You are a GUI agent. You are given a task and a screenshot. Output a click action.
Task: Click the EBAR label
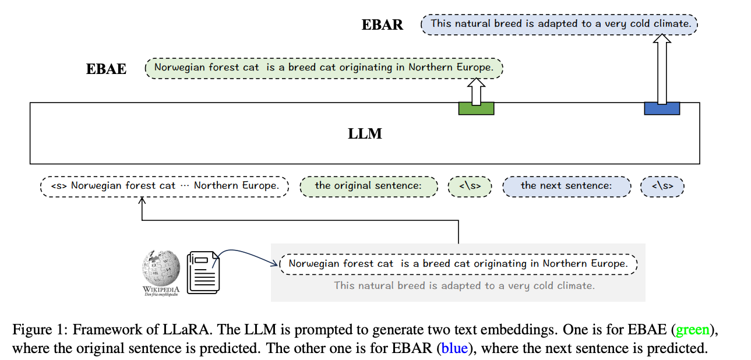(382, 24)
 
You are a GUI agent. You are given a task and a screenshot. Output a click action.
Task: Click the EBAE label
(106, 69)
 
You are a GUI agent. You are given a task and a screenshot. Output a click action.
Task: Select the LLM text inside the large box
(365, 133)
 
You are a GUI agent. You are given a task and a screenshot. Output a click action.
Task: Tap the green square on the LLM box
(476, 108)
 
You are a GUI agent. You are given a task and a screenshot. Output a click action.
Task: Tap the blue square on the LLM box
(661, 108)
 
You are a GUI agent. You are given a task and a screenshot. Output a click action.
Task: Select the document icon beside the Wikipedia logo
(202, 271)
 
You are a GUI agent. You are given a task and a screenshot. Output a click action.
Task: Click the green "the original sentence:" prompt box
(368, 186)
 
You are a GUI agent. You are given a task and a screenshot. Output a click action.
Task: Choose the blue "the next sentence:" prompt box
(566, 186)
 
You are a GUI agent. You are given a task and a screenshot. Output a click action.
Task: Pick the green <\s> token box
(470, 186)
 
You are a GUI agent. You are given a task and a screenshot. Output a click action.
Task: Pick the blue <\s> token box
(662, 186)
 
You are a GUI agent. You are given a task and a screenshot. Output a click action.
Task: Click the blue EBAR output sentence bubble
(559, 24)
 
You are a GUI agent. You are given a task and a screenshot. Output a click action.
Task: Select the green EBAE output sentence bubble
(323, 68)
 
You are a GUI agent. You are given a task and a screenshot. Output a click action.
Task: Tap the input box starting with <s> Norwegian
(164, 186)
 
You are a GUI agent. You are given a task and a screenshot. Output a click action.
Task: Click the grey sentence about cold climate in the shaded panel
(464, 285)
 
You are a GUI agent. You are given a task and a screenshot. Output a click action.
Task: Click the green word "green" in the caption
(693, 330)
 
